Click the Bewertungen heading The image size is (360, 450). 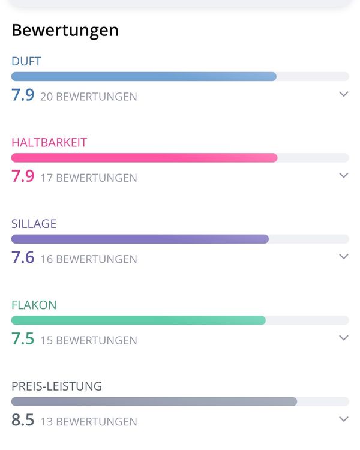pos(65,31)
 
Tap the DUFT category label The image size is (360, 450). pos(26,61)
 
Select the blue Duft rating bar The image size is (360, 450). pos(144,77)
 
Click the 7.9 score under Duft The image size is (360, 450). pos(23,95)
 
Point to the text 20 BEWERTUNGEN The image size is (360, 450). pos(89,97)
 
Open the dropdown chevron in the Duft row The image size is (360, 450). pos(344,94)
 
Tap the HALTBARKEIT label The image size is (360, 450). pos(49,143)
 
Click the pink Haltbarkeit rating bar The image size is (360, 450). pos(145,158)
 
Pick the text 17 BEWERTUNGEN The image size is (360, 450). pos(89,178)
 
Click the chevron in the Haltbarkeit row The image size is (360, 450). pos(344,175)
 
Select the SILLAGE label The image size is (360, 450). pos(34,224)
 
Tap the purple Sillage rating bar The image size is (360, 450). pos(140,239)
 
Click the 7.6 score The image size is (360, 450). pos(23,257)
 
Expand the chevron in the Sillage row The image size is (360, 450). pos(344,256)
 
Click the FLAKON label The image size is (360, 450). pos(34,305)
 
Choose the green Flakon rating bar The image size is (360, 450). pos(139,320)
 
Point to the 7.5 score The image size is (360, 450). pos(23,338)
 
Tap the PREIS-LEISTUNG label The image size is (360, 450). pos(56,386)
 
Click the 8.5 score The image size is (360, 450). pos(23,419)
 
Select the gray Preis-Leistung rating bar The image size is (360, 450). pos(154,401)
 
